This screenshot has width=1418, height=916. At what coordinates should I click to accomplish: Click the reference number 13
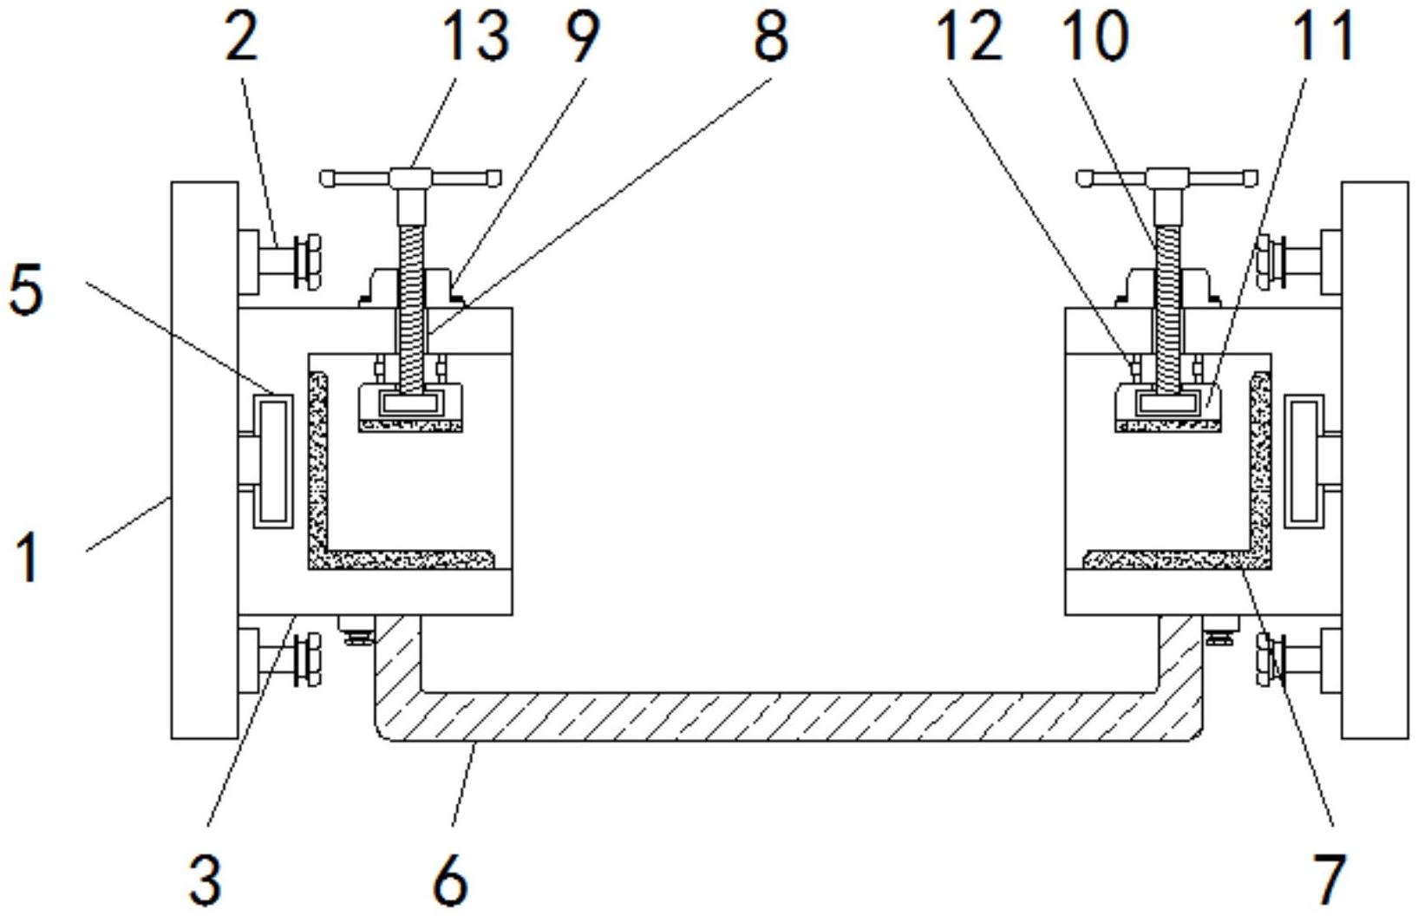pos(477,38)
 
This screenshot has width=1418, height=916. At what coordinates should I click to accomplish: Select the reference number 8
pos(770,38)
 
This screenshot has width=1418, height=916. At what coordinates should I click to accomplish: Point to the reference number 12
pos(969,38)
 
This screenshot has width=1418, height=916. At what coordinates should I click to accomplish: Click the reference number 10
pos(1096,38)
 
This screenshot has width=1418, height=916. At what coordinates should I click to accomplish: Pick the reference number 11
pos(1324,38)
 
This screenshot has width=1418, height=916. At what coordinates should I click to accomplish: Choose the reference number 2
pos(243,38)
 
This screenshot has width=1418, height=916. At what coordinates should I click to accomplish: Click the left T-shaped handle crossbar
pos(411,178)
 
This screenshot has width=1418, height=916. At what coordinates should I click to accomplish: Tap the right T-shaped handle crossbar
pos(1167,178)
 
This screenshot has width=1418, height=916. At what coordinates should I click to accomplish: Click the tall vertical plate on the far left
pos(205,461)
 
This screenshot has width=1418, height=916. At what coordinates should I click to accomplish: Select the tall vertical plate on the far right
pos(1375,461)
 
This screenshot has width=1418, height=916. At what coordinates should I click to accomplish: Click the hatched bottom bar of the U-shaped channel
pos(788,716)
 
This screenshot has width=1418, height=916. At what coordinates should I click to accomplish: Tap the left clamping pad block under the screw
pos(411,408)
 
